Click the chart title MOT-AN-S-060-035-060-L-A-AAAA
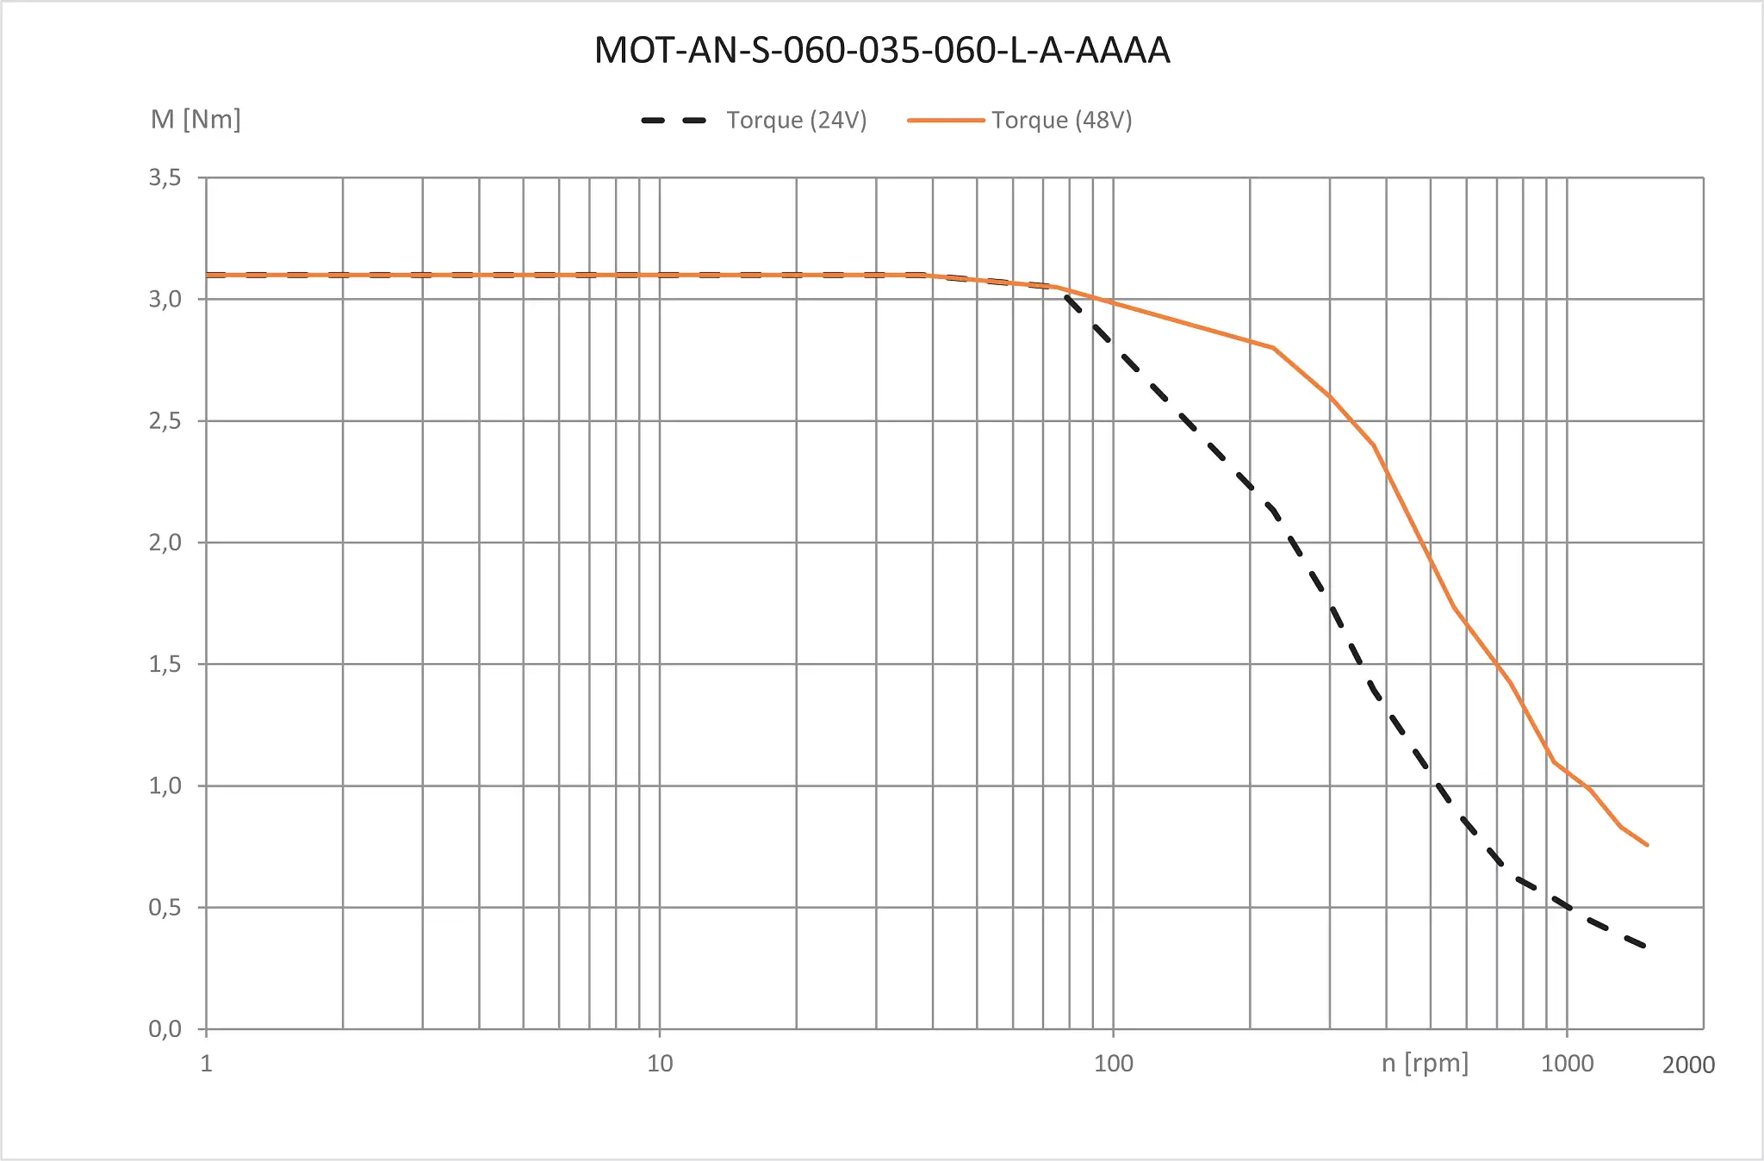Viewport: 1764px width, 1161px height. (x=882, y=51)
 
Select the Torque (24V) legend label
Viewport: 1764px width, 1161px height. (x=796, y=120)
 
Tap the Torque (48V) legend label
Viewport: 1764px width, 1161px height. (x=1061, y=120)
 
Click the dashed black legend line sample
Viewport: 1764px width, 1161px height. (x=674, y=121)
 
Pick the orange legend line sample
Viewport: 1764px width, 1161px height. (x=946, y=121)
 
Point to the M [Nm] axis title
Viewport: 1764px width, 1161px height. (x=196, y=119)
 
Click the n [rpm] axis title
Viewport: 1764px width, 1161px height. (x=1425, y=1063)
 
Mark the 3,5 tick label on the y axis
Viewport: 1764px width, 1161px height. (x=165, y=177)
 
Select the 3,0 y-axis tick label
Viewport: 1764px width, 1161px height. (x=165, y=299)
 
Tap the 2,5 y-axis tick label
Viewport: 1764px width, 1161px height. (x=165, y=421)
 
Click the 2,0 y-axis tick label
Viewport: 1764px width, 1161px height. (x=165, y=543)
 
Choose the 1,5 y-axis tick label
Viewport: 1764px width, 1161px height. (x=165, y=664)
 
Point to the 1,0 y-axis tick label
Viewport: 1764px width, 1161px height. (x=165, y=785)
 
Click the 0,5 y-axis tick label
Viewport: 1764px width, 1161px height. (x=165, y=907)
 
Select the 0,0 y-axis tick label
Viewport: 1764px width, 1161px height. (x=165, y=1028)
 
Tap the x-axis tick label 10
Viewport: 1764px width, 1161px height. (x=660, y=1064)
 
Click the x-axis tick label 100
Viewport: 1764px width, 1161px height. (x=1113, y=1064)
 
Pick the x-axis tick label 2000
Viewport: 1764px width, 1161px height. (x=1688, y=1065)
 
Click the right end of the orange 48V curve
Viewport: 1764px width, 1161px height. (x=1647, y=845)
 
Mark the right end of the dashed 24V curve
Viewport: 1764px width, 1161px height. (x=1644, y=946)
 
